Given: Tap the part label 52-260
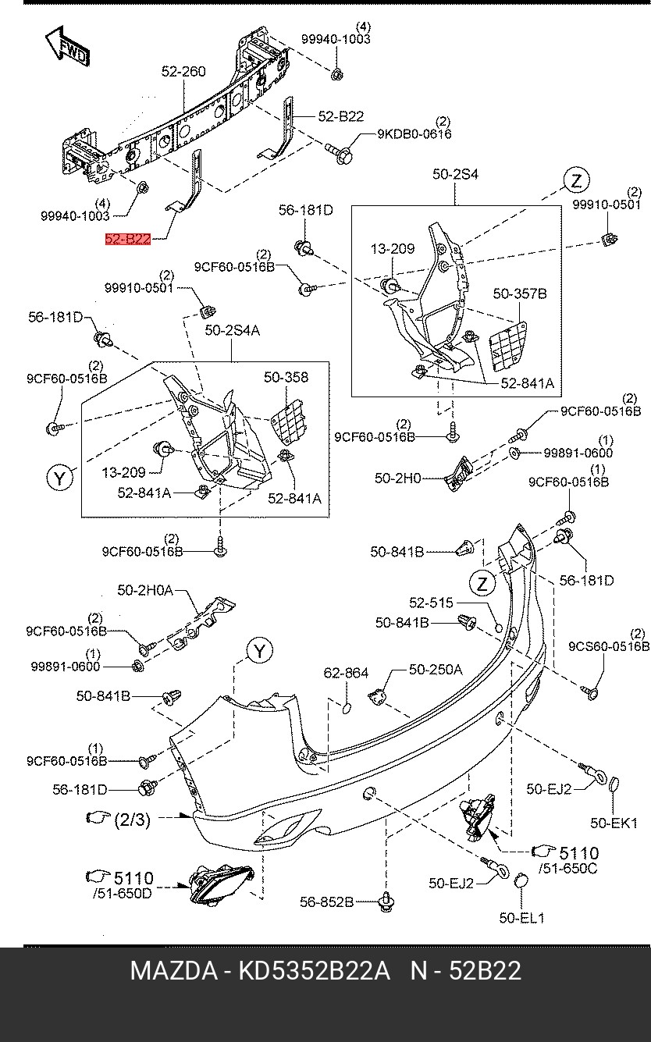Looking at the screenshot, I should point(183,71).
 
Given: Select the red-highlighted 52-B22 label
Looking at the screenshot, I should point(128,239).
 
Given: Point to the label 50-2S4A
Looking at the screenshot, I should point(232,331).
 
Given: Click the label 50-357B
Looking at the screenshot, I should point(519,293).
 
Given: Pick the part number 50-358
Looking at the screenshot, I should point(286,377).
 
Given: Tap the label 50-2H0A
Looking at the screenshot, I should point(145,591).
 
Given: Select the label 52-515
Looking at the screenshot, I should point(431,603).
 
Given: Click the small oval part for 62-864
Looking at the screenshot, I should point(347,707).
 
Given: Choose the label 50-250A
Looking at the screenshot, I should point(435,669).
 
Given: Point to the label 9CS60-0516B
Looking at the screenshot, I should point(608,646).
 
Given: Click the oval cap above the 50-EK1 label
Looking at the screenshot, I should point(614,784).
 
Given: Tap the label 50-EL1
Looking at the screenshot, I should point(522,919).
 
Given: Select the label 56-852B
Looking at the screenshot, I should point(326,902).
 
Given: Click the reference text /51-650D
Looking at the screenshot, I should point(123,893).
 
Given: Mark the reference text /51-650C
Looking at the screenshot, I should point(567,868).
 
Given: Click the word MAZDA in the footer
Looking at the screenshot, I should point(173,971).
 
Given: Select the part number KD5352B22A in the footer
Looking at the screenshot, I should point(313,971).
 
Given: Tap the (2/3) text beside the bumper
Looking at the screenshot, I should point(132,820).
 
